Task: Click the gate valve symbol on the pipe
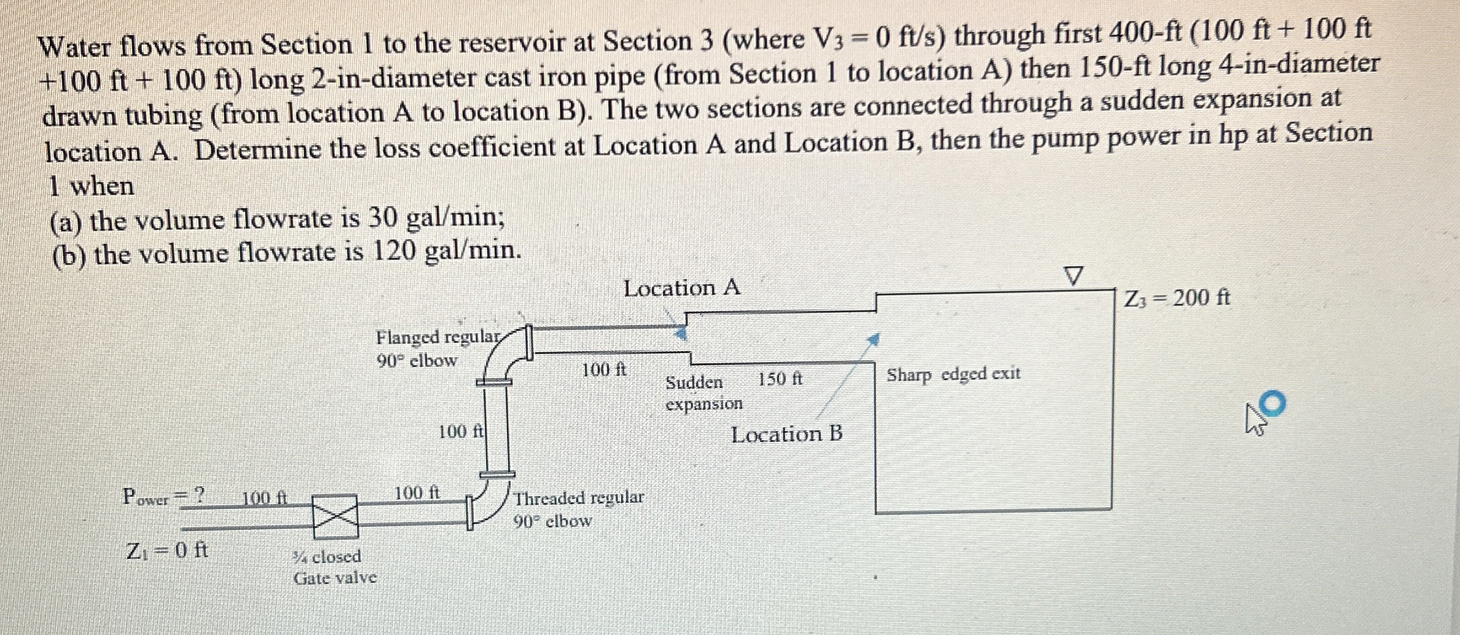tap(336, 516)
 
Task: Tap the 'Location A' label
tap(682, 288)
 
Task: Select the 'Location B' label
tap(787, 435)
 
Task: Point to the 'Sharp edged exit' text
tap(953, 374)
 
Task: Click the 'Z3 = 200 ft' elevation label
tap(1177, 298)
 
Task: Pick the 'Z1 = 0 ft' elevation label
tap(167, 550)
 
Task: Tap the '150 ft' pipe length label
tap(780, 379)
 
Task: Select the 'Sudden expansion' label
tap(704, 393)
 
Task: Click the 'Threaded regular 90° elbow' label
tap(579, 509)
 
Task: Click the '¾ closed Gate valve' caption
tap(335, 567)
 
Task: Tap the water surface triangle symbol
tap(1073, 276)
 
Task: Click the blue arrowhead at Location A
tap(680, 333)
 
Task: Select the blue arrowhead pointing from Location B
tap(873, 339)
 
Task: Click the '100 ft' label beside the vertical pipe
tap(461, 432)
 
